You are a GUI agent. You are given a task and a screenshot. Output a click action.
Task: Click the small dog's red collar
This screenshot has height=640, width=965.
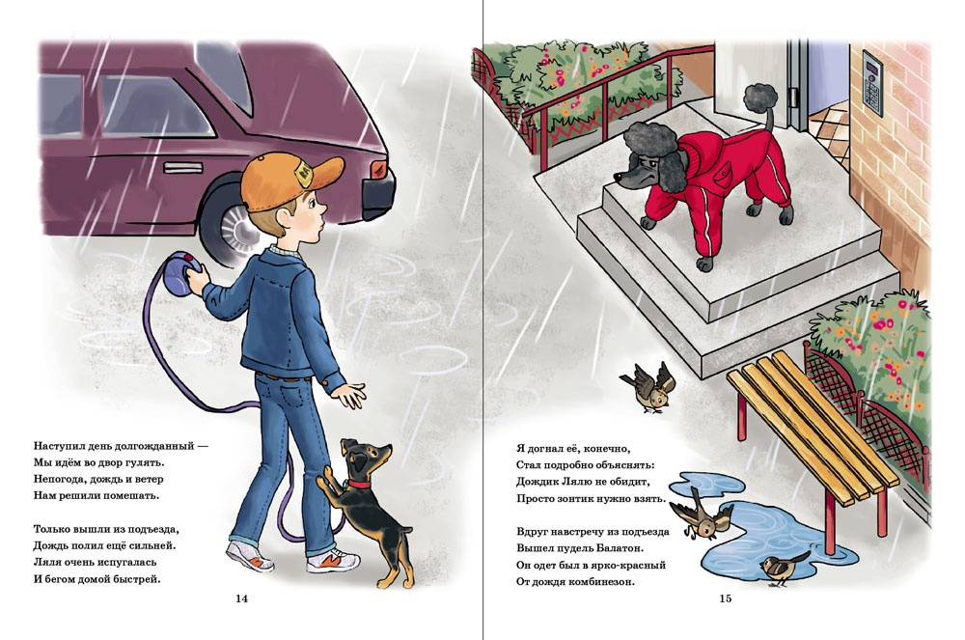click(x=358, y=484)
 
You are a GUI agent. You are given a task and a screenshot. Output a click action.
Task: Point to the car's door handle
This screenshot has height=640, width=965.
click(x=182, y=167)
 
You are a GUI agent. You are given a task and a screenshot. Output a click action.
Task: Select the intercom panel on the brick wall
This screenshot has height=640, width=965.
click(x=872, y=83)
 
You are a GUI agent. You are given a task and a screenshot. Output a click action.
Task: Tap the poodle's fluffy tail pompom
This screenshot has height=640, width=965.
click(x=760, y=98)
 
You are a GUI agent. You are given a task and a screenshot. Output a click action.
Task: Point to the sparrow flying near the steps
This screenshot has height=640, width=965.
click(x=649, y=386)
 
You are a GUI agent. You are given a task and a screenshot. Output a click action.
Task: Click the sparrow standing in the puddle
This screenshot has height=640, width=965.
click(x=783, y=568)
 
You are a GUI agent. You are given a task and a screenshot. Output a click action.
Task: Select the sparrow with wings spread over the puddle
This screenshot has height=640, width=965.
click(x=702, y=515)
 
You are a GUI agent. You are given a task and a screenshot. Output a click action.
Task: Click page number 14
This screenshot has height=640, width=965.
click(x=242, y=598)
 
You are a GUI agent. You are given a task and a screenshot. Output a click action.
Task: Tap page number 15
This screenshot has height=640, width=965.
click(x=726, y=598)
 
